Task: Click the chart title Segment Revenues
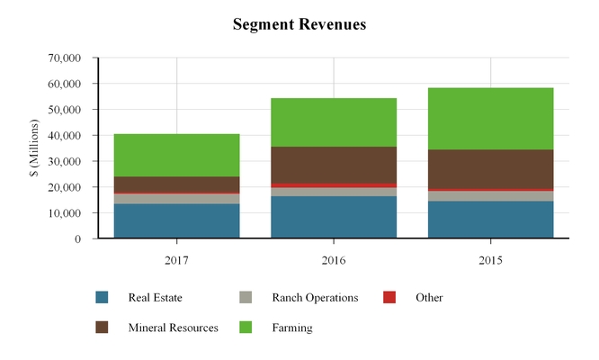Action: tap(299, 24)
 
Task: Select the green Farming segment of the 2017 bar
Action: tap(176, 155)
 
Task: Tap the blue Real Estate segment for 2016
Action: tap(334, 217)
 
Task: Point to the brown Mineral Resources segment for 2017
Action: tap(176, 184)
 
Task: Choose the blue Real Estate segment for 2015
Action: tap(490, 220)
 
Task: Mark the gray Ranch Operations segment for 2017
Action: tap(176, 199)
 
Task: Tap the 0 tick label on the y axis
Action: tap(78, 239)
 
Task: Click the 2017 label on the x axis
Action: tap(176, 260)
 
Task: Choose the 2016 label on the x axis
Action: tap(334, 260)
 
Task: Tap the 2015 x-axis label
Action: tap(490, 260)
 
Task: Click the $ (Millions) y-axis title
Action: tap(34, 149)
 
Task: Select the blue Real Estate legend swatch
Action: tap(102, 298)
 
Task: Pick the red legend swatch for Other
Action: tap(389, 298)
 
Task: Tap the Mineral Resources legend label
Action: tap(173, 328)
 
